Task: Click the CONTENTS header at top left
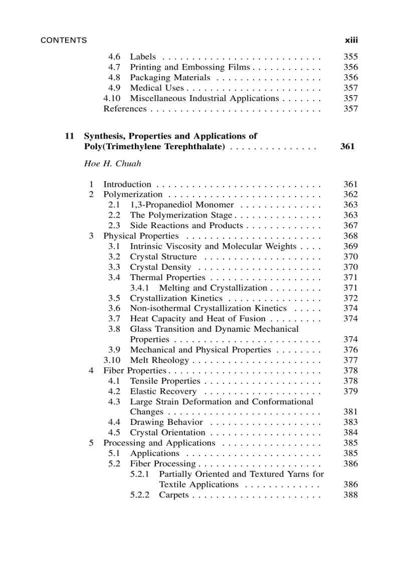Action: click(x=64, y=40)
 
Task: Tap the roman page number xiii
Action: click(x=351, y=40)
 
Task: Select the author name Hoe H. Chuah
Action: click(x=112, y=164)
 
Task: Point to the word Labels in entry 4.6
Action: click(x=143, y=57)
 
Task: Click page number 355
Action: click(x=350, y=57)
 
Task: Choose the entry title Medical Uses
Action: click(x=157, y=88)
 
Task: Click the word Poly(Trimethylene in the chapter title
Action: click(x=120, y=147)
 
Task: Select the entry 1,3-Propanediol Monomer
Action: click(x=181, y=205)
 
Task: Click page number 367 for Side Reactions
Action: click(x=350, y=226)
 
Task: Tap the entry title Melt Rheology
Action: click(x=159, y=360)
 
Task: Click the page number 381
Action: click(x=350, y=412)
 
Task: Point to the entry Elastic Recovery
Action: click(x=163, y=391)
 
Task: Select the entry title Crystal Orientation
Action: click(x=167, y=433)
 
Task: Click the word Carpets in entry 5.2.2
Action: click(x=174, y=495)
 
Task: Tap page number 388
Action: click(x=350, y=495)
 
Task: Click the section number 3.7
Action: click(x=114, y=319)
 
